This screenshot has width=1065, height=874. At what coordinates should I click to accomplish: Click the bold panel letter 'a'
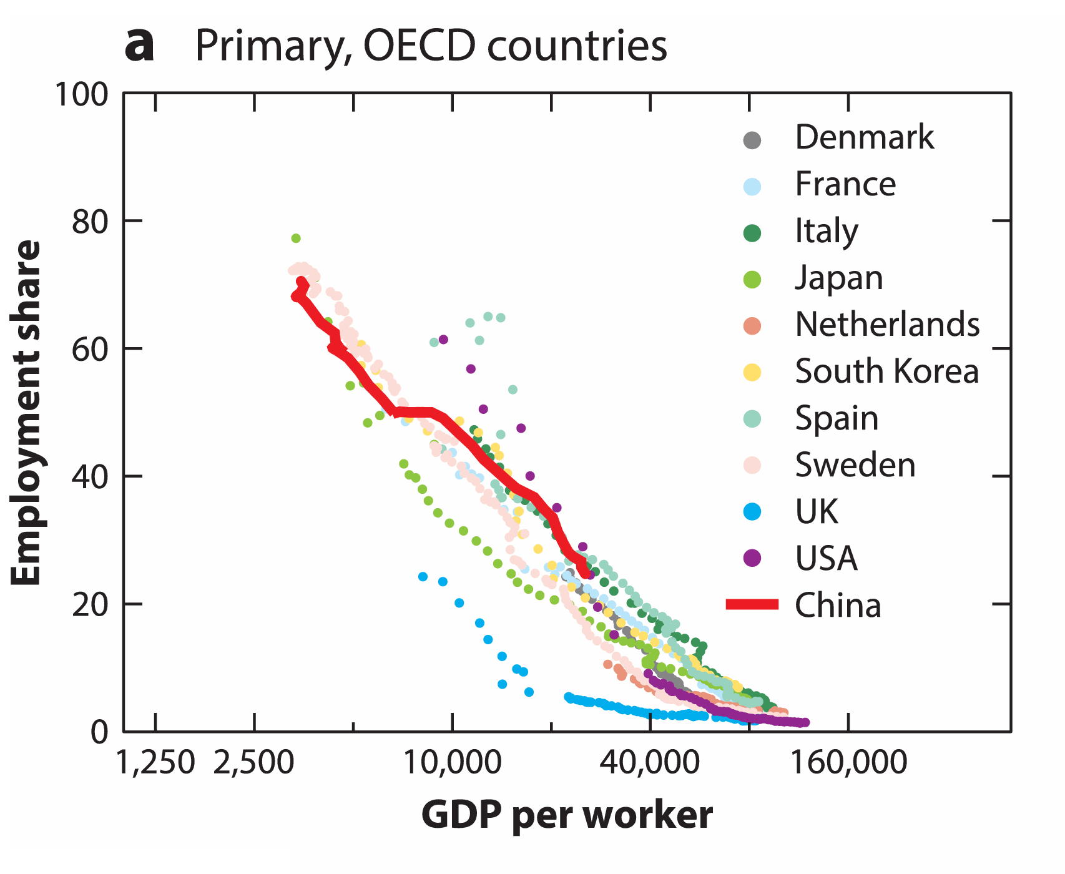point(139,47)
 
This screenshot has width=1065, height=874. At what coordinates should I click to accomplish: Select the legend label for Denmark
point(864,137)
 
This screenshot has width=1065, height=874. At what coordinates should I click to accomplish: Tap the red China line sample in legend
point(752,604)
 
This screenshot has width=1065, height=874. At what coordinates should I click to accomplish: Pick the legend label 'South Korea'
point(886,371)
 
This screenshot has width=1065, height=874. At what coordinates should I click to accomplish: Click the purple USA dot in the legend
point(753,558)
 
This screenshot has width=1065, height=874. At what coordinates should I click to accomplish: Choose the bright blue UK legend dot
point(753,512)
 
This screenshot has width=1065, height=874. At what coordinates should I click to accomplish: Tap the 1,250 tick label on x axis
point(155,763)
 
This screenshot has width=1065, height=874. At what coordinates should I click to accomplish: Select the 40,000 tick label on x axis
point(650,763)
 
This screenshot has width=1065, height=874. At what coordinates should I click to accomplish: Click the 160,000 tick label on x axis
point(848,763)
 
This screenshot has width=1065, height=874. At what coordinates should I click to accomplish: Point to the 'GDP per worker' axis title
point(567,815)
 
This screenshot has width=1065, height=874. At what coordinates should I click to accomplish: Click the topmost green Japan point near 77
point(296,238)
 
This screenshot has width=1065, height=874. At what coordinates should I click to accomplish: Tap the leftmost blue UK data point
point(423,576)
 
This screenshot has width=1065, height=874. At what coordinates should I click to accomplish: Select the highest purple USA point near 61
point(443,340)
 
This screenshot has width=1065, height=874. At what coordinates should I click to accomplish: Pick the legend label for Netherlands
point(886,325)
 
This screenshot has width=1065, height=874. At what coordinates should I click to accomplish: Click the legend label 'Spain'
point(837,418)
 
